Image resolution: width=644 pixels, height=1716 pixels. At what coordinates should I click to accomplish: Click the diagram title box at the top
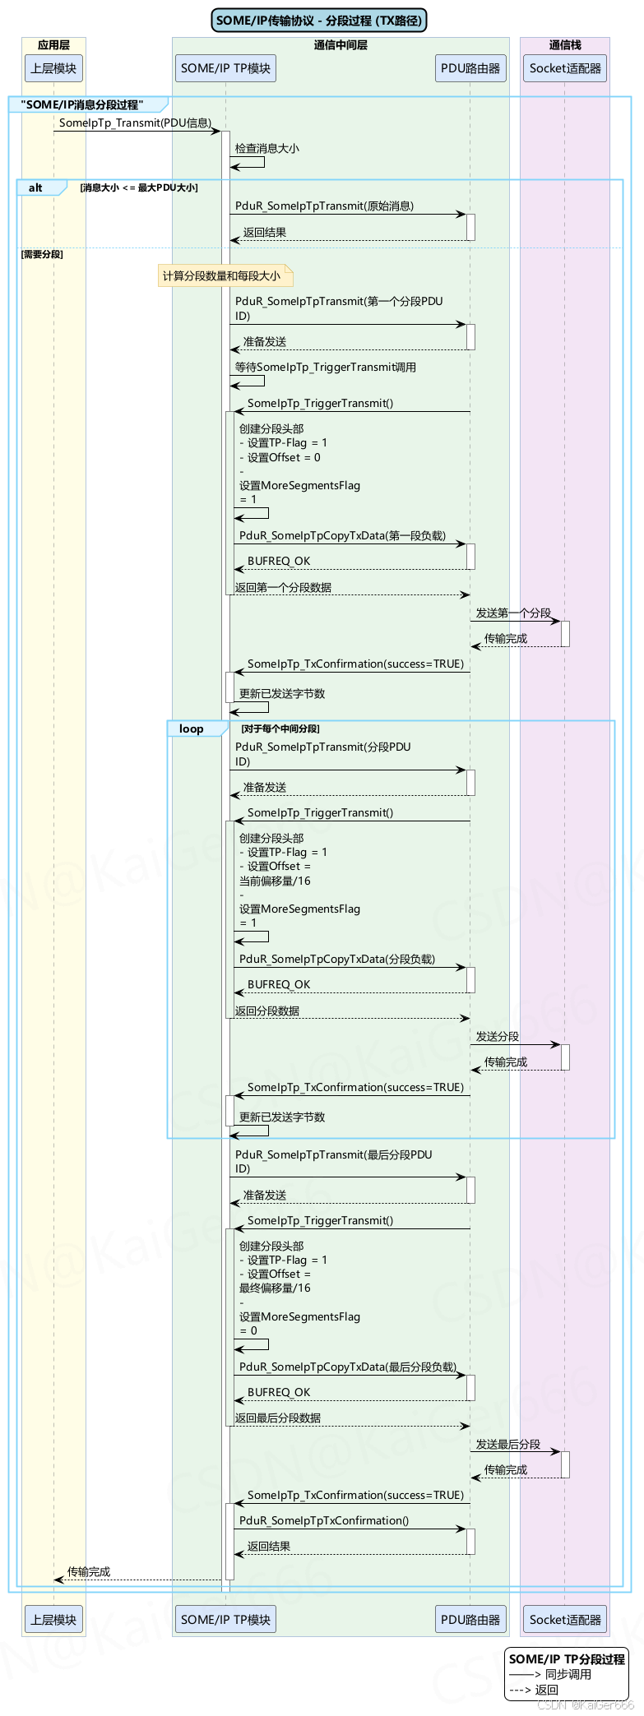(x=319, y=21)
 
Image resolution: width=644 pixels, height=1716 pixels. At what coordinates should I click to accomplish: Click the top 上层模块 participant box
(x=53, y=68)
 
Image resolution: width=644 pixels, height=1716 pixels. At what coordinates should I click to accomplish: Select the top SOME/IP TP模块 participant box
(x=225, y=68)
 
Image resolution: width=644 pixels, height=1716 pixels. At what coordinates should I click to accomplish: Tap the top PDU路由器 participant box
(x=470, y=68)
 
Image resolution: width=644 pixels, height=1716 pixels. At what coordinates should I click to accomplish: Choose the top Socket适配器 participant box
(x=565, y=68)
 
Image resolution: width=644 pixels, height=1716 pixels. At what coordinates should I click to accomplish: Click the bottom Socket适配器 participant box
(x=565, y=1619)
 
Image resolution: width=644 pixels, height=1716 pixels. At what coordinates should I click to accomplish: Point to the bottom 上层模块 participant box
(x=53, y=1619)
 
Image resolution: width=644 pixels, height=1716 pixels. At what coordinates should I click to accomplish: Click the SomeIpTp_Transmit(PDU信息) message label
(x=135, y=123)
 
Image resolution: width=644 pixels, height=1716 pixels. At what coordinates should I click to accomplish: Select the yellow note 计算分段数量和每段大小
(x=222, y=275)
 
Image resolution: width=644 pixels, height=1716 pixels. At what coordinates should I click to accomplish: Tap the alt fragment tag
(x=36, y=188)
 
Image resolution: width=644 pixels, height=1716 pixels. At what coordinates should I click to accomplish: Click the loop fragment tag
(x=192, y=728)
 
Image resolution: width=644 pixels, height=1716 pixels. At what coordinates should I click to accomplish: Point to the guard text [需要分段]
(x=42, y=254)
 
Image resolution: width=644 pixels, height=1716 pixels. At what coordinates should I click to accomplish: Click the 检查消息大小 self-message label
(x=267, y=149)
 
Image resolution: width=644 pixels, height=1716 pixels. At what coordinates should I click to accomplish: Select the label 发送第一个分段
(x=513, y=613)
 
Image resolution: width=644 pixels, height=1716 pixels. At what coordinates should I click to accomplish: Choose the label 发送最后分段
(x=508, y=1444)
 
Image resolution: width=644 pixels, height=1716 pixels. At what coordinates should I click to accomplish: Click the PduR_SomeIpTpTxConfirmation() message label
(x=324, y=1520)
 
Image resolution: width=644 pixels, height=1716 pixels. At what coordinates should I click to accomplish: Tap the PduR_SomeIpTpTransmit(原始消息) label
(x=324, y=206)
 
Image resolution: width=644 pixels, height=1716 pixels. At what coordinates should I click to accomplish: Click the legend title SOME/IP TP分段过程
(x=567, y=1659)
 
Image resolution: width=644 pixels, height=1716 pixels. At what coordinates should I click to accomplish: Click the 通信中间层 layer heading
(x=341, y=45)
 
